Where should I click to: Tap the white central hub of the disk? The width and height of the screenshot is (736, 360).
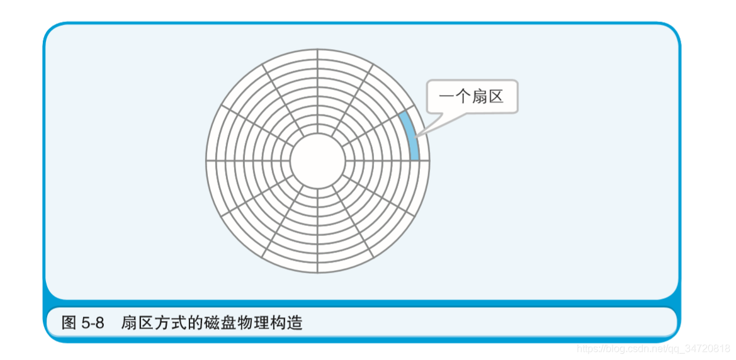coord(317,160)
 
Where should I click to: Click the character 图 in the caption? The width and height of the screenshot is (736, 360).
coord(69,323)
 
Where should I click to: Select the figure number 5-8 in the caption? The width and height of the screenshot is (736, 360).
coord(93,323)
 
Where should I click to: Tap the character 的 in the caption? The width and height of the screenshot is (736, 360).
coord(190,323)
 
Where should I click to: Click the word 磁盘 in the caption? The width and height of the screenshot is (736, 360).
coord(212,323)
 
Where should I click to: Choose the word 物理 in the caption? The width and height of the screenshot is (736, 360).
coord(242,323)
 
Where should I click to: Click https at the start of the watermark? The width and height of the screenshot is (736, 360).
coord(588,348)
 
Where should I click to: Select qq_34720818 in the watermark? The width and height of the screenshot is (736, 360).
coord(701,348)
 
